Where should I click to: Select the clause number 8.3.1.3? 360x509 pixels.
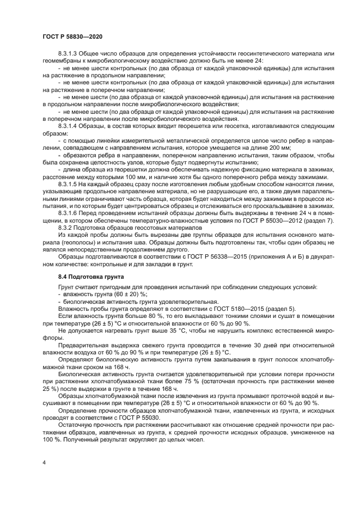tap(69, 53)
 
